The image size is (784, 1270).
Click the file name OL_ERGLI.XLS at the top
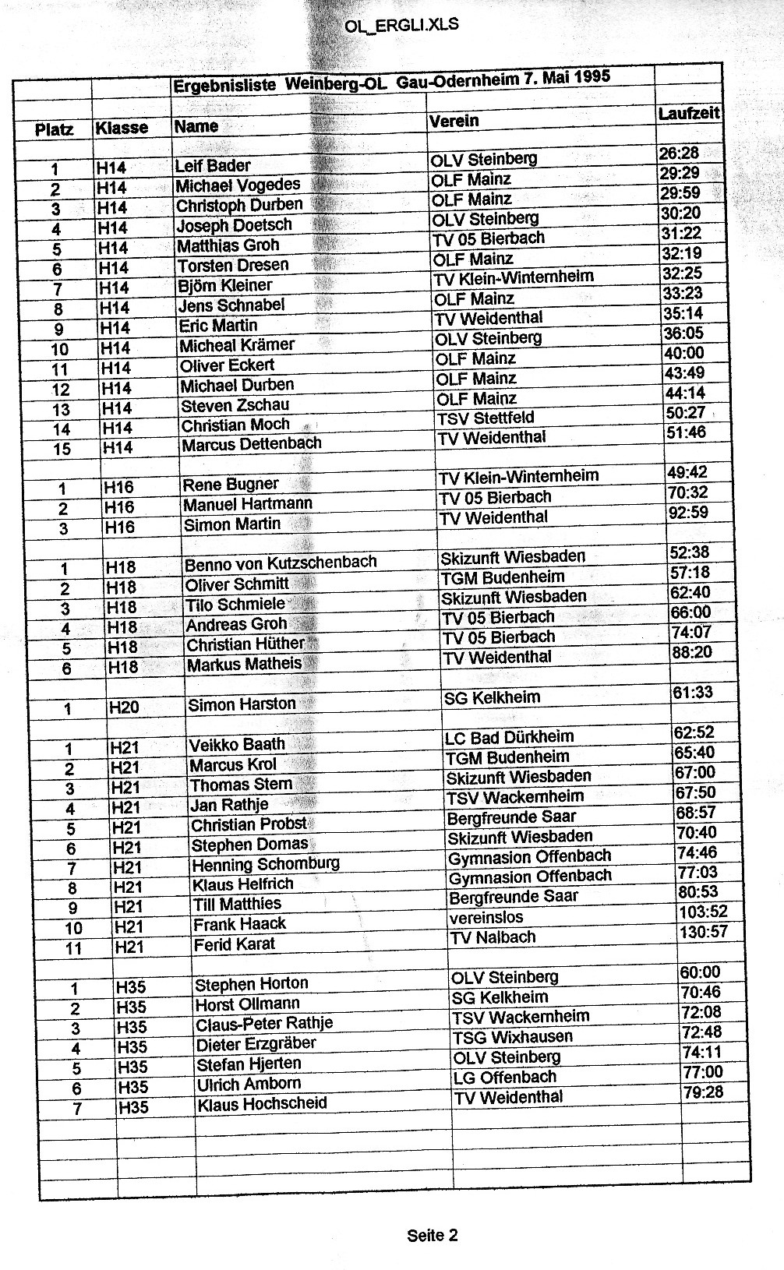pyautogui.click(x=401, y=25)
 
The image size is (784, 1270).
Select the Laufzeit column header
pyautogui.click(x=688, y=114)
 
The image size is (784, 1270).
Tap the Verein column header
pyautogui.click(x=454, y=121)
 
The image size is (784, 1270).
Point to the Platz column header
pyautogui.click(x=55, y=129)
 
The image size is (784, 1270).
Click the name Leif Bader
pyautogui.click(x=213, y=165)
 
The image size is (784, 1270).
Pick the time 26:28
pyautogui.click(x=679, y=153)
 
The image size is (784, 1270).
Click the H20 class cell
pyautogui.click(x=125, y=707)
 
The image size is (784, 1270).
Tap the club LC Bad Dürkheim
pyautogui.click(x=509, y=737)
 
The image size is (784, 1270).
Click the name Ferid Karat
pyautogui.click(x=235, y=944)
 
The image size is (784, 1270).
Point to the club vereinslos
pyautogui.click(x=486, y=917)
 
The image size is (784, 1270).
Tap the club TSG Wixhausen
pyautogui.click(x=512, y=1037)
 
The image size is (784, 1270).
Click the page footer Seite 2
pyautogui.click(x=432, y=1235)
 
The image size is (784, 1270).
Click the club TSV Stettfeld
pyautogui.click(x=486, y=418)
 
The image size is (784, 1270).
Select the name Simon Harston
pyautogui.click(x=242, y=704)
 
